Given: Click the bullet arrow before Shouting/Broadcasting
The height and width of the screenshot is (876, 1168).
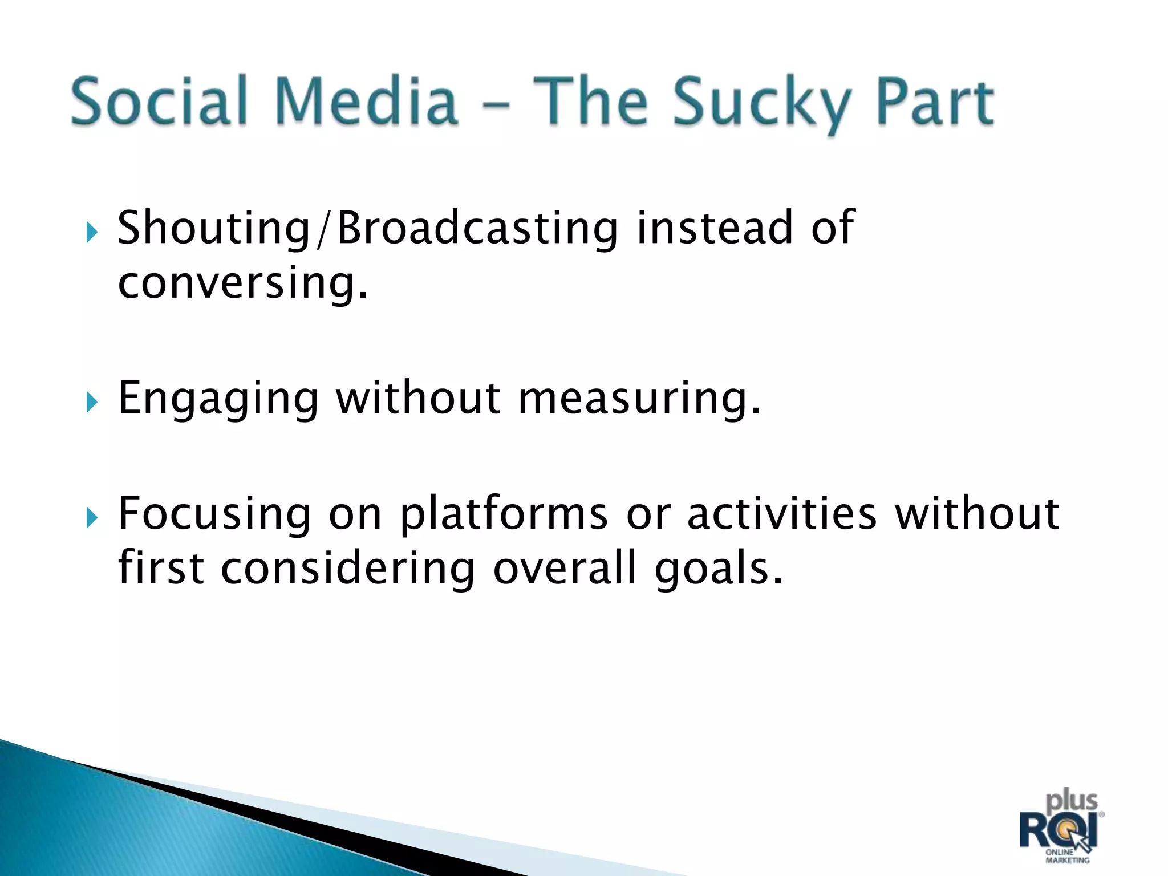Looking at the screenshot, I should point(92,233).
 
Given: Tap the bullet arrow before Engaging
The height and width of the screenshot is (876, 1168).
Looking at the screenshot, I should point(92,403).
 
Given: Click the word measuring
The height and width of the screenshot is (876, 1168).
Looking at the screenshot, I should point(639,399).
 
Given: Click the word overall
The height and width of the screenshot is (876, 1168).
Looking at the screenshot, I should point(565,569).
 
